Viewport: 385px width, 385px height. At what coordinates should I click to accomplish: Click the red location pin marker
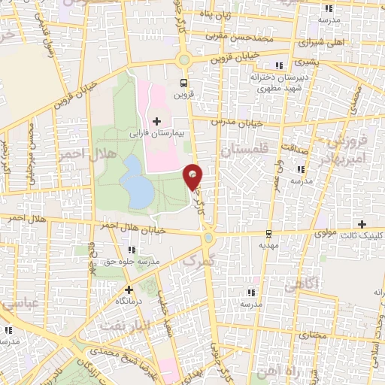193,176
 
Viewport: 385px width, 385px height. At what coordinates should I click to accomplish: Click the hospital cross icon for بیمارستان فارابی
156,121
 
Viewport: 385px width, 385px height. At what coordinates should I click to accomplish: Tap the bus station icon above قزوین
183,83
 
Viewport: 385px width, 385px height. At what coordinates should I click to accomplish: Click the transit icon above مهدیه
268,235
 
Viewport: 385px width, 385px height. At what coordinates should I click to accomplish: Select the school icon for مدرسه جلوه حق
132,249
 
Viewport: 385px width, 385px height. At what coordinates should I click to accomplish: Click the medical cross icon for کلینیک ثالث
363,224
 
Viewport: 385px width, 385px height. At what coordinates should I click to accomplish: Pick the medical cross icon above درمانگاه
129,289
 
